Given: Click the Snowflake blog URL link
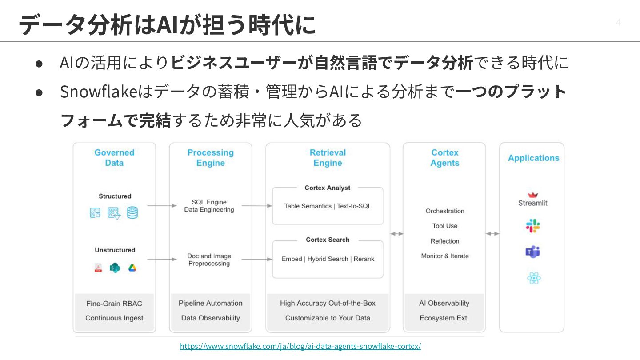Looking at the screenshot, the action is (300, 346).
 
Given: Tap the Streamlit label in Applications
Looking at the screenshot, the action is (533, 203).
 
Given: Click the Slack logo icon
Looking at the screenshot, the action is (533, 226).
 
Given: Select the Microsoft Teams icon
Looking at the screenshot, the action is (533, 252).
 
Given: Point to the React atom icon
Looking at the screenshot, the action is (534, 278).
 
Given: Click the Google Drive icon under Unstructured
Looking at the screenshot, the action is (132, 268).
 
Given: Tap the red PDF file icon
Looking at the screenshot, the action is (98, 268).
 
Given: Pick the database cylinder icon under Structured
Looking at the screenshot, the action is (132, 212).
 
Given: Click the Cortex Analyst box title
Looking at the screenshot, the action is (328, 188).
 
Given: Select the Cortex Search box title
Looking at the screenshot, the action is (328, 240).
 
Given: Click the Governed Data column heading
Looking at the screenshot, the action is (114, 158).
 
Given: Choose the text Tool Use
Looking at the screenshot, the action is (445, 226).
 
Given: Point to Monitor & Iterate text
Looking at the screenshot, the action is (445, 256).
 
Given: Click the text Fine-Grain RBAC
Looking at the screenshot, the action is (114, 304).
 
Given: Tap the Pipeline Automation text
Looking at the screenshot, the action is (211, 304).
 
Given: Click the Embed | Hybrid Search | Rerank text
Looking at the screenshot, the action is (328, 259).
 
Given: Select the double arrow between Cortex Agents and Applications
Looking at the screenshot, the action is (492, 234).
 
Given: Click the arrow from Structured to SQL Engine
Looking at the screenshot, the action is (162, 206).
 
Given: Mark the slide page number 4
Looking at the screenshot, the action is (618, 22).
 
